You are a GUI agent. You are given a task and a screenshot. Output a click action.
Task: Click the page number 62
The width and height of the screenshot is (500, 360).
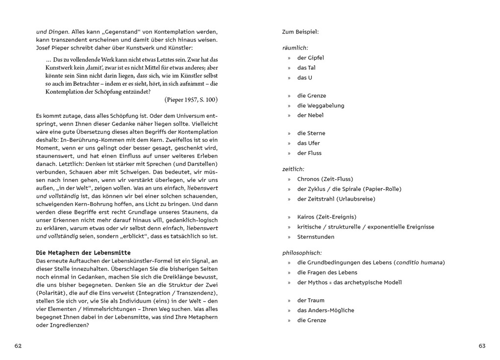[18, 346]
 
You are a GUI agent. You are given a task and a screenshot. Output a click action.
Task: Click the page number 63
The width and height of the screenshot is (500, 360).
[482, 346]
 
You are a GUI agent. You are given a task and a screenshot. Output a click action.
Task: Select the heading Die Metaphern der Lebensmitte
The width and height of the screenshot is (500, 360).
[83, 252]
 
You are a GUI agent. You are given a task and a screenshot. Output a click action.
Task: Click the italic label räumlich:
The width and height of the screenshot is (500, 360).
[295, 48]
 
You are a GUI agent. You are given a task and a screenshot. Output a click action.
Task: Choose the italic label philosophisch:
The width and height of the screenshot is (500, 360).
[302, 253]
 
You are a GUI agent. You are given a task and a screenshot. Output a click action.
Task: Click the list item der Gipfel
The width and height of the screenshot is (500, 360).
[310, 58]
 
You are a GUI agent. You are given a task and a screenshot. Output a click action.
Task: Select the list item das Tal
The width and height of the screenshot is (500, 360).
[306, 68]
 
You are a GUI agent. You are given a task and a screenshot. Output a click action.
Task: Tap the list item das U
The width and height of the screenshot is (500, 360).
[304, 77]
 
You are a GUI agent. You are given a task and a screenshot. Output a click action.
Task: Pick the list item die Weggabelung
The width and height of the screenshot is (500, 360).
[321, 105]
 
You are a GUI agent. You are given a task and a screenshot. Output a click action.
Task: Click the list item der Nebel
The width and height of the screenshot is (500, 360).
[310, 115]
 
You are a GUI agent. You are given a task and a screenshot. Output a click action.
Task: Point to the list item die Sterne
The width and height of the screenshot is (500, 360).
[311, 133]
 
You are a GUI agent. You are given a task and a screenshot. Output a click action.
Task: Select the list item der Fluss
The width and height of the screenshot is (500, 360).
[309, 153]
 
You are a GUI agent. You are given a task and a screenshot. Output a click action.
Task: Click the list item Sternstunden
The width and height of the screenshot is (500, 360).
[316, 237]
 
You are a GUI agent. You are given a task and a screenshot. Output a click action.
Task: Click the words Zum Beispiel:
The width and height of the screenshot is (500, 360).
[300, 32]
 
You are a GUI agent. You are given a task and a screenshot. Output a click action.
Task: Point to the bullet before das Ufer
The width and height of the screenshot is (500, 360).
[289, 143]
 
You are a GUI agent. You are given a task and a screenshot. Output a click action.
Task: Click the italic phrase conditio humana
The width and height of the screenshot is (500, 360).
[419, 262]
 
